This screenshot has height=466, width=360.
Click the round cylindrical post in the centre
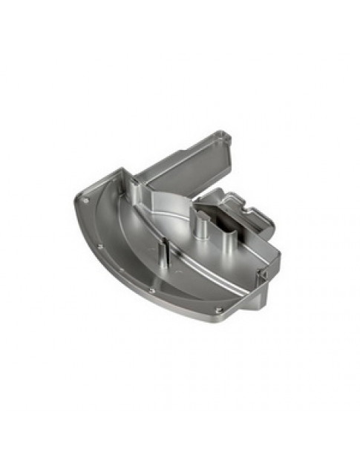[x=200, y=223]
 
